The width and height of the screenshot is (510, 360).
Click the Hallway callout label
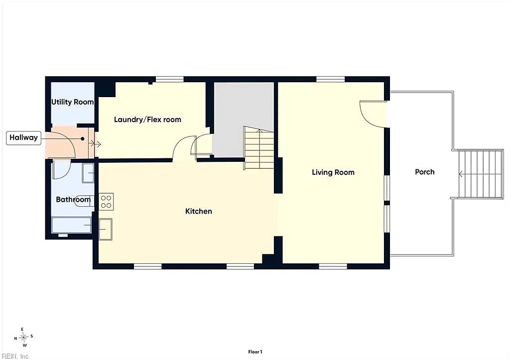pos(23,138)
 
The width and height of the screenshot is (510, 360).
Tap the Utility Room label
pos(73,102)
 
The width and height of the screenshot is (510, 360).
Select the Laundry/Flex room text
pos(147,120)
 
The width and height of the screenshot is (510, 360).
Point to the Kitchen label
pos(198,212)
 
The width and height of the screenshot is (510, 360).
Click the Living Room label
pos(333,172)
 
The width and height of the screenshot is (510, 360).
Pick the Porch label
pos(424,172)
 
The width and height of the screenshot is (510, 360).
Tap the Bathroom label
pos(73,199)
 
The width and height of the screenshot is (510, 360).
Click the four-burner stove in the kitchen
pos(106,202)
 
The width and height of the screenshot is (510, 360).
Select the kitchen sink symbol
pos(106,229)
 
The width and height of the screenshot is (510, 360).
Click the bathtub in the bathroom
pos(72,226)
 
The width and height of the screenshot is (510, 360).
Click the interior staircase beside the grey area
pos(258,148)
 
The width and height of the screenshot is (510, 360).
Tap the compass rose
pos(23,337)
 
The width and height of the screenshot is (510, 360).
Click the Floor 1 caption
pos(255,352)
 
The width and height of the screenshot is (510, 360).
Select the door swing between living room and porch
pos(373,114)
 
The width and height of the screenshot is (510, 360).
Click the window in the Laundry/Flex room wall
pos(169,79)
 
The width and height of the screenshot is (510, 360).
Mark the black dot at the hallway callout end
pos(83,139)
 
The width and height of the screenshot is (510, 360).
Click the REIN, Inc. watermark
pos(15,356)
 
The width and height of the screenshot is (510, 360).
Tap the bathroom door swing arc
pos(62,170)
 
